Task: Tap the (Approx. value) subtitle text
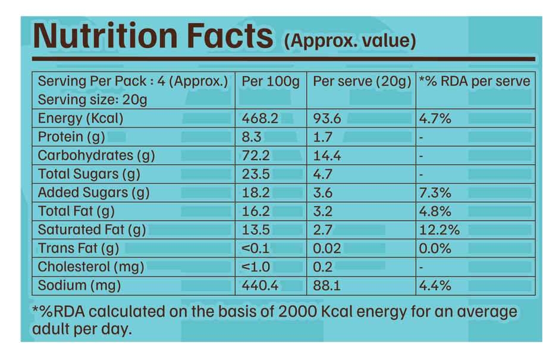(x=350, y=41)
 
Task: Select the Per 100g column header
(x=271, y=81)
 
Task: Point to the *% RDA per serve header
(x=474, y=81)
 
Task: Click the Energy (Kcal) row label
(x=80, y=118)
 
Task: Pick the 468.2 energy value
(x=260, y=118)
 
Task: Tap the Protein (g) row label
(x=71, y=137)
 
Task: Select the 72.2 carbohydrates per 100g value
(x=256, y=155)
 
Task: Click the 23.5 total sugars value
(x=256, y=174)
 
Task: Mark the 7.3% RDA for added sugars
(x=435, y=193)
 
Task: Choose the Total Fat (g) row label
(x=76, y=211)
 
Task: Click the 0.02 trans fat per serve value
(x=326, y=248)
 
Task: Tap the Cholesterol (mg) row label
(x=91, y=267)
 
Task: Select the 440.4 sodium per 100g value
(x=260, y=286)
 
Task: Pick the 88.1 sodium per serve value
(x=327, y=286)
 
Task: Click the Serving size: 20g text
(x=92, y=99)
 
